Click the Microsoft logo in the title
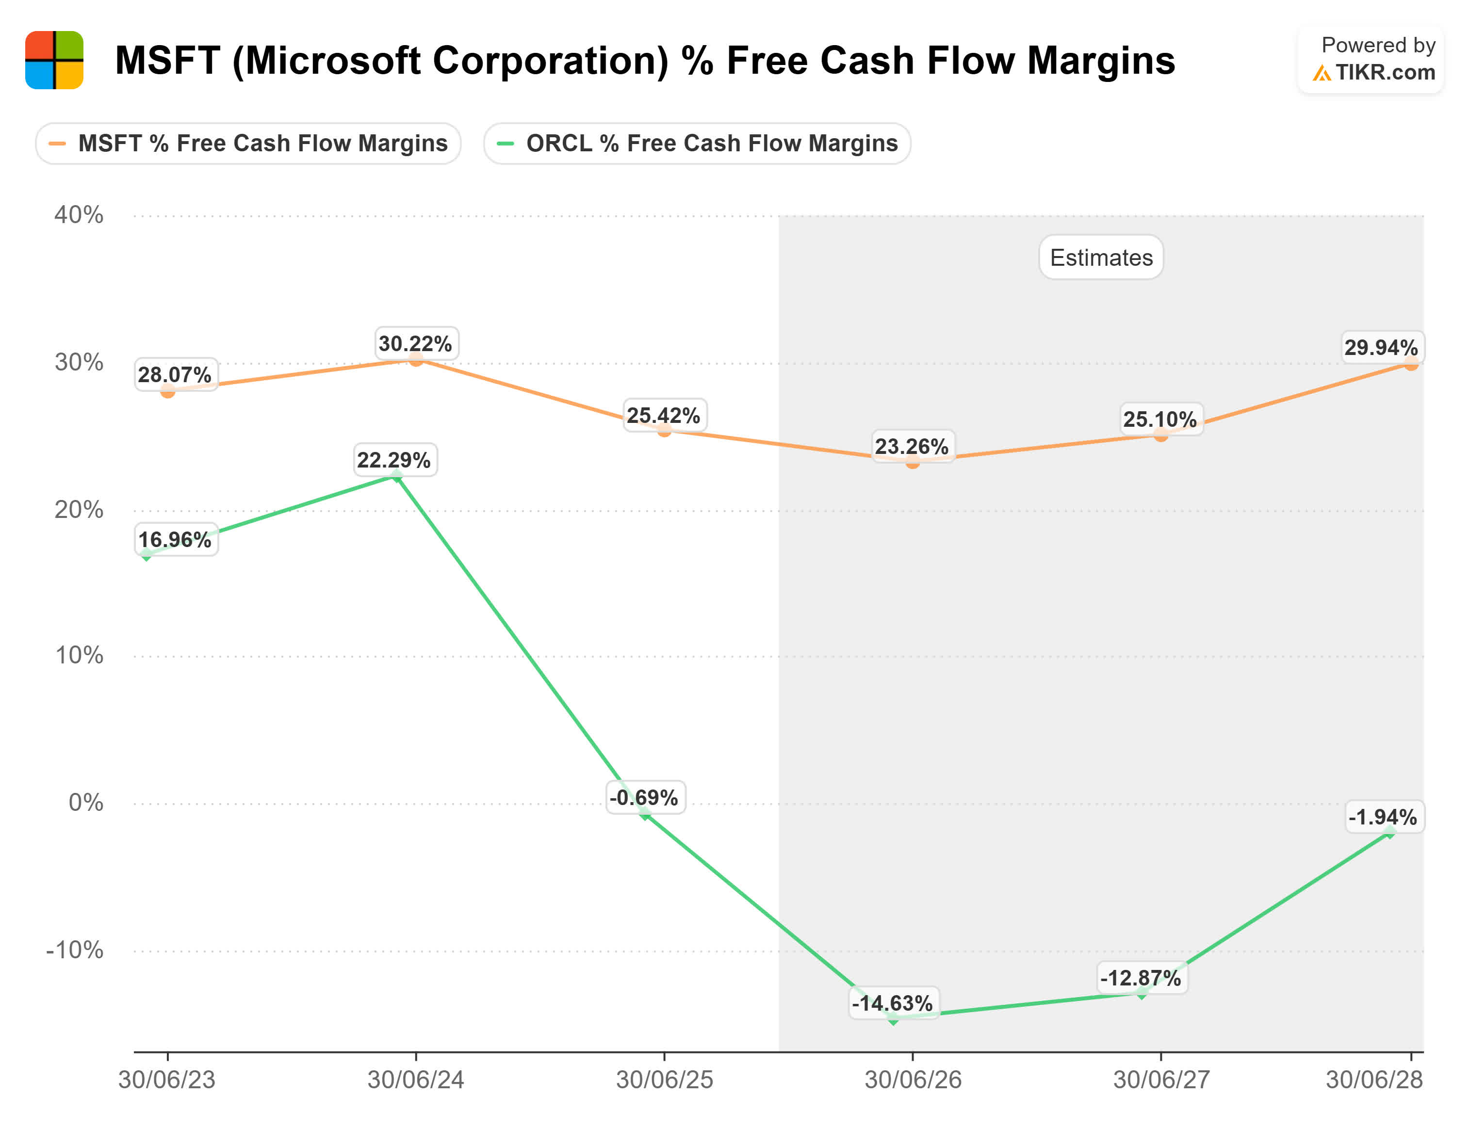coord(54,60)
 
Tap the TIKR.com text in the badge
coord(1384,72)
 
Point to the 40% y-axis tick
coord(79,215)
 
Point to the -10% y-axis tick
coord(75,950)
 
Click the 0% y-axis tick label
coord(85,803)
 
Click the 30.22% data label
coord(415,343)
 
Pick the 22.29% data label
coord(393,460)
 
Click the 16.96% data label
coord(175,540)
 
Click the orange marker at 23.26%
coord(912,462)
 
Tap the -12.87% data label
coord(1140,978)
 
